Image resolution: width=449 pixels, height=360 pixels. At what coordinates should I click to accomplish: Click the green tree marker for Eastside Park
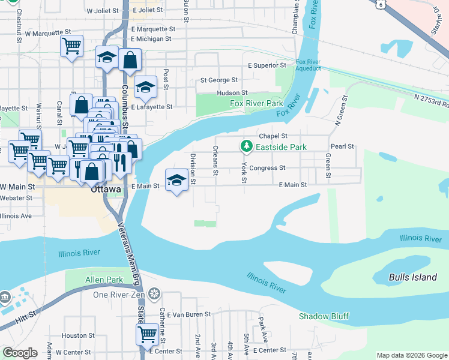click(x=246, y=146)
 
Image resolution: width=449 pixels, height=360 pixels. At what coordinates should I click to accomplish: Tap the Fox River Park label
click(x=256, y=104)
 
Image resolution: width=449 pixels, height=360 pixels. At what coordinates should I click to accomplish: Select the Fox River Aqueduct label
click(x=309, y=65)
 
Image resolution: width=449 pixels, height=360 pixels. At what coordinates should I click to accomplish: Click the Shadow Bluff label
click(x=324, y=316)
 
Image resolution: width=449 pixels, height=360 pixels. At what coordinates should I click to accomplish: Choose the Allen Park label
click(x=104, y=280)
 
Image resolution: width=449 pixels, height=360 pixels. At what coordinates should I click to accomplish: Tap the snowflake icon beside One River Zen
click(x=154, y=294)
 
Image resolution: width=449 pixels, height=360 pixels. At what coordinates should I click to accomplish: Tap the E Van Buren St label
click(x=189, y=314)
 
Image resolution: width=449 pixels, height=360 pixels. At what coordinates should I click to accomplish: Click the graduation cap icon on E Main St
click(x=176, y=180)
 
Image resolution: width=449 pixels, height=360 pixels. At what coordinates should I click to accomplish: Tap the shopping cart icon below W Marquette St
click(x=71, y=45)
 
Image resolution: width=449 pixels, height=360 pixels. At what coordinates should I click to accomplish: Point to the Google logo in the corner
click(x=20, y=353)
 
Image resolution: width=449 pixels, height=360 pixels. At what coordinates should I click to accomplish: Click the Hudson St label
click(x=232, y=93)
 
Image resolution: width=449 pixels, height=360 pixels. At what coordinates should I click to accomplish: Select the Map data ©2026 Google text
click(x=411, y=355)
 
